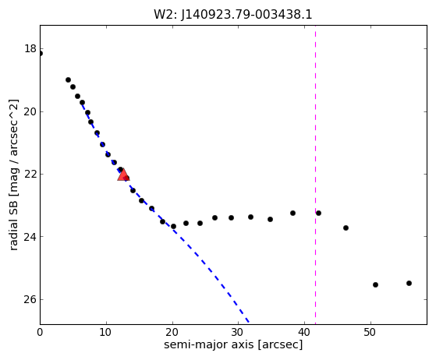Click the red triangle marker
(x=123, y=175)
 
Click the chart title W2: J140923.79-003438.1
(x=233, y=15)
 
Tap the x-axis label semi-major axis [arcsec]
(x=233, y=344)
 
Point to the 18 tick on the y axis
(x=30, y=49)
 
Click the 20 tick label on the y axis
(x=30, y=111)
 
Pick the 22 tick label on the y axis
(x=30, y=175)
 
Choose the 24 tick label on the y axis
(x=30, y=237)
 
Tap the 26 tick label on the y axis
(x=30, y=299)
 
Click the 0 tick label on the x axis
(x=40, y=332)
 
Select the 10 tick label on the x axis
(x=106, y=332)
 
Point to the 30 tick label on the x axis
(x=238, y=332)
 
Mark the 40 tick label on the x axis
(x=304, y=332)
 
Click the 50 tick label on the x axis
(x=370, y=332)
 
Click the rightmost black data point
(x=409, y=284)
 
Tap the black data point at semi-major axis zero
(x=41, y=53)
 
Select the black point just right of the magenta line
(x=319, y=213)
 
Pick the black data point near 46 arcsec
(x=346, y=228)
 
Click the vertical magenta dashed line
(x=315, y=175)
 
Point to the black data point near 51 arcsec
(x=375, y=284)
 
